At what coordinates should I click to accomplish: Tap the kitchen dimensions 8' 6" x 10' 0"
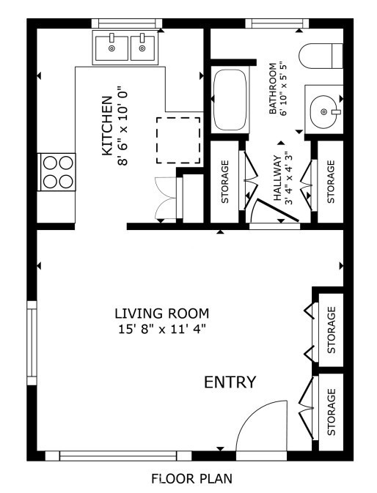(122, 128)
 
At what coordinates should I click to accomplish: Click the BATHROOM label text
(273, 90)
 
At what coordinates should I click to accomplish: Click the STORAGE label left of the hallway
(225, 181)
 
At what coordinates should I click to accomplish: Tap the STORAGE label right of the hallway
(330, 182)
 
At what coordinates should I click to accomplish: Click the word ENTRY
(230, 382)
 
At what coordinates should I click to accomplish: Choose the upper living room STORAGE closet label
(331, 330)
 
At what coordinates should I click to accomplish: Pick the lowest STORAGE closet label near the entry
(331, 412)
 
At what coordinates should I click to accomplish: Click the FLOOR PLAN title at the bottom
(191, 479)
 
